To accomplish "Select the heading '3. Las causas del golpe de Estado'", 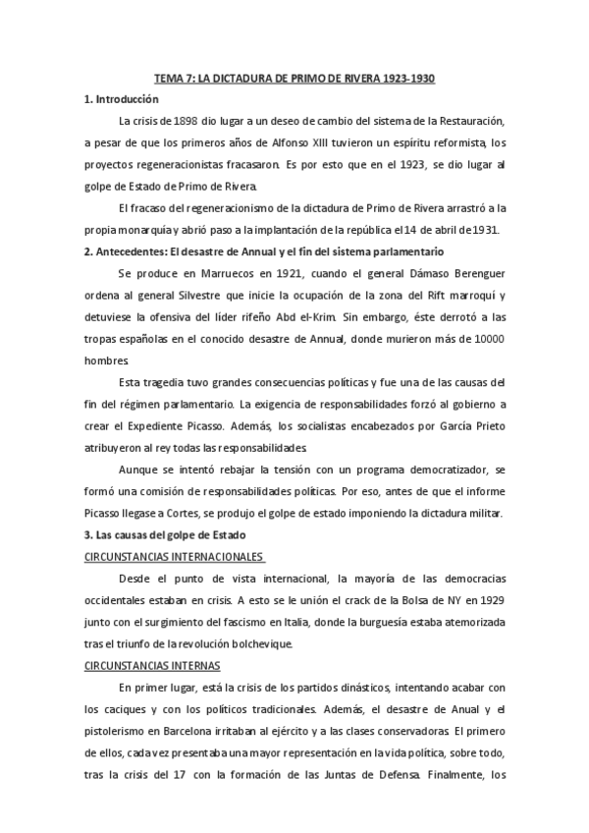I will (165, 533).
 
